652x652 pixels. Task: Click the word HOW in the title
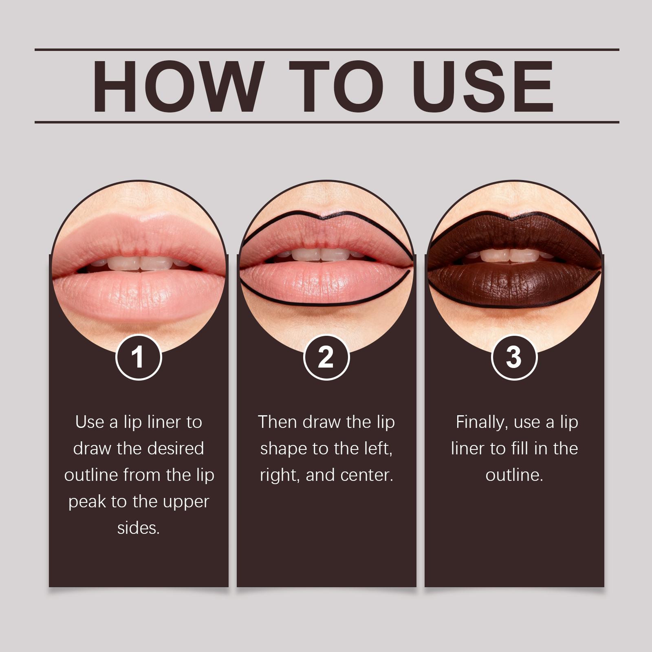pyautogui.click(x=176, y=86)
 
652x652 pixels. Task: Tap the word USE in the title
pyautogui.click(x=483, y=86)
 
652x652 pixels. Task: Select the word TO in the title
pyautogui.click(x=337, y=86)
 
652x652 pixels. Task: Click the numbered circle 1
pyautogui.click(x=139, y=357)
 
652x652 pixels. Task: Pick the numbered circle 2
pyautogui.click(x=326, y=357)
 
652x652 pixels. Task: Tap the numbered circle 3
pyautogui.click(x=514, y=357)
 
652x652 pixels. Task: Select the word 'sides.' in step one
pyautogui.click(x=139, y=528)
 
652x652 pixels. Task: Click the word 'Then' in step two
pyautogui.click(x=278, y=422)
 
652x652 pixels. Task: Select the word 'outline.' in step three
pyautogui.click(x=514, y=475)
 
